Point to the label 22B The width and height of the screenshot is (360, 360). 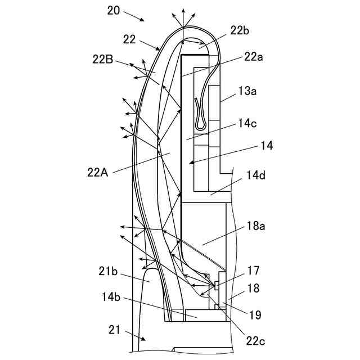tap(104, 59)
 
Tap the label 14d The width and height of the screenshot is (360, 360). tap(256, 175)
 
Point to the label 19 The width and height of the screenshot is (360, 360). tap(255, 316)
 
